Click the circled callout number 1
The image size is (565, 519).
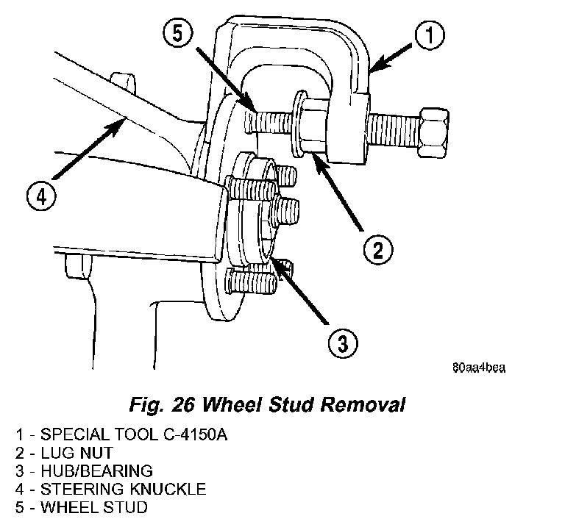430,35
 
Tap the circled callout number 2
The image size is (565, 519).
378,249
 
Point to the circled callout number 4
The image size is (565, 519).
41,197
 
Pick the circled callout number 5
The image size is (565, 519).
178,33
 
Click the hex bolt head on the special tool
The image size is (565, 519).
433,132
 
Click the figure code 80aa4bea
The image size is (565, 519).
479,368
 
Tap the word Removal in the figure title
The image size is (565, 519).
363,404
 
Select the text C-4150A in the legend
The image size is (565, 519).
196,434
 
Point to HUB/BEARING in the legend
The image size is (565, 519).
96,470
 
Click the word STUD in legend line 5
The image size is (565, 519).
125,507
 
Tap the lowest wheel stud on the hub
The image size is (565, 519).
250,282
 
